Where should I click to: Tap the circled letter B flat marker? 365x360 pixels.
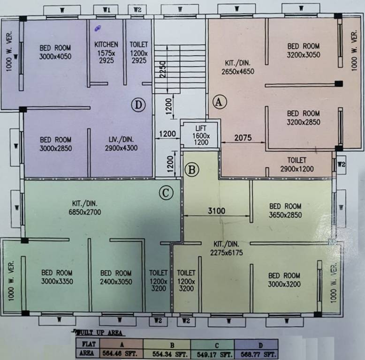pyautogui.click(x=191, y=169)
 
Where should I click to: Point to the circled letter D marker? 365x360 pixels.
pyautogui.click(x=138, y=105)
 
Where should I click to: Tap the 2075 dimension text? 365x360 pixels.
pyautogui.click(x=243, y=138)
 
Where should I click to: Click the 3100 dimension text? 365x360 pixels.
pyautogui.click(x=217, y=211)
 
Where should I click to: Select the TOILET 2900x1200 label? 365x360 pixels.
pyautogui.click(x=297, y=165)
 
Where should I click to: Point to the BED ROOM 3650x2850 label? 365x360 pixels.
pyautogui.click(x=285, y=210)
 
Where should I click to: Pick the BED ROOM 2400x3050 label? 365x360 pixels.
pyautogui.click(x=116, y=277)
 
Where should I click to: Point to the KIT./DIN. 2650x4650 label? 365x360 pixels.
pyautogui.click(x=238, y=68)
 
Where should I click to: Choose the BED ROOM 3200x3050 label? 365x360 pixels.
pyautogui.click(x=304, y=50)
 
